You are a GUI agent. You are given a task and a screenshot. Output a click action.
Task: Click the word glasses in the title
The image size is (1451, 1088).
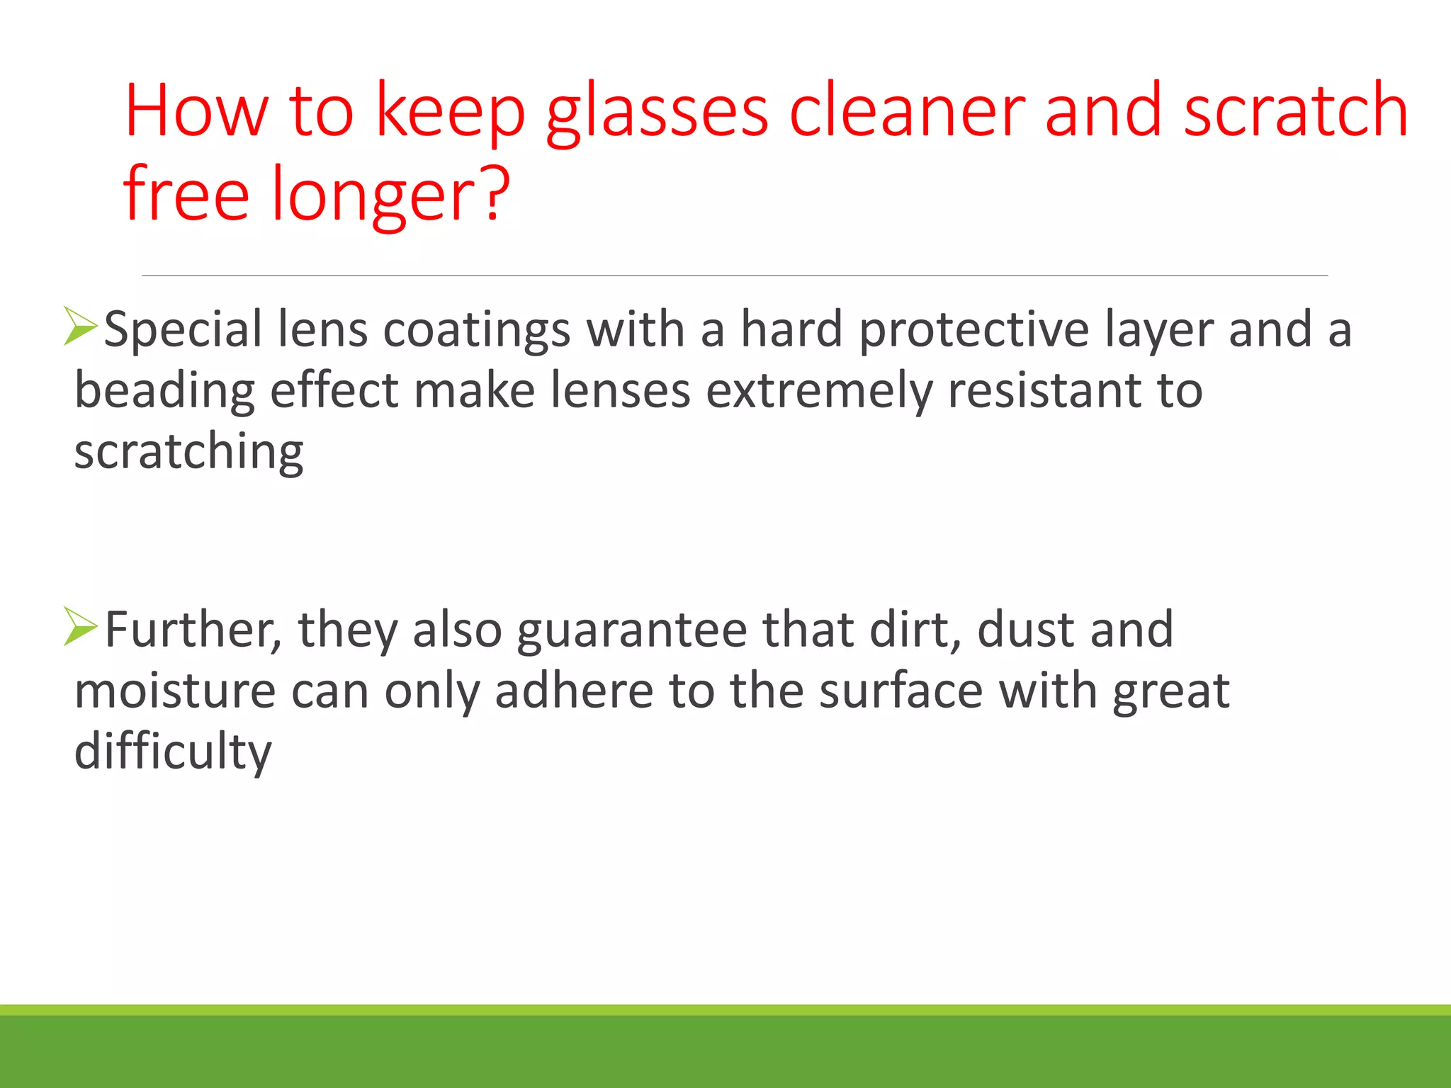[656, 113]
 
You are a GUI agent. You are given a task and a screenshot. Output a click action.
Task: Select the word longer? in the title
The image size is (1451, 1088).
[390, 195]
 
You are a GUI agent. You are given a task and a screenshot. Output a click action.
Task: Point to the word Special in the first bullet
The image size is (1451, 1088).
[183, 331]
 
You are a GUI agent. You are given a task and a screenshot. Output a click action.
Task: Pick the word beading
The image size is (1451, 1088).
[164, 391]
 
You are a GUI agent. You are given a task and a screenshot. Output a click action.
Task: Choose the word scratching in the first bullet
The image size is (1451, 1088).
[188, 452]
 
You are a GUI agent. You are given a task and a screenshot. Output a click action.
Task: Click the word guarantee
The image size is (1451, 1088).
[631, 630]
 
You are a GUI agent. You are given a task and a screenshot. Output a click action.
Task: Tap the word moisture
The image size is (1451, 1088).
[175, 691]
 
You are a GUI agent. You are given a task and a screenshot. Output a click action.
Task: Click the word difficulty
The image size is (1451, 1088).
[173, 752]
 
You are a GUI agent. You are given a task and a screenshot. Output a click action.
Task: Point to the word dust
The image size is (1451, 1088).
[1025, 629]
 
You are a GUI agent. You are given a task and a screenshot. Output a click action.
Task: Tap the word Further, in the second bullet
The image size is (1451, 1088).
[193, 629]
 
